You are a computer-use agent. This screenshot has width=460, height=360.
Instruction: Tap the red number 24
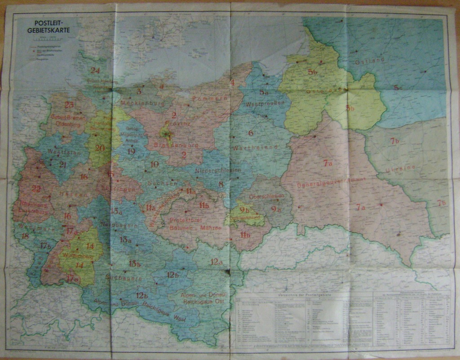point(95,70)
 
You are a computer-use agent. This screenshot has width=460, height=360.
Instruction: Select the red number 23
point(69,105)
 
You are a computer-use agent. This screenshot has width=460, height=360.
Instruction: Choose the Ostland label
point(370,60)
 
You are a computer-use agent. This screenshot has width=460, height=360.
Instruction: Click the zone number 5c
point(398,88)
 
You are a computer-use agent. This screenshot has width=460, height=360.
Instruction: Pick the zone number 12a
point(216,262)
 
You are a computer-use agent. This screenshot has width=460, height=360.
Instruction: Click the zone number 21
point(62,164)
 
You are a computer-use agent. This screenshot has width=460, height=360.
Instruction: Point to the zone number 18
point(25,236)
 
